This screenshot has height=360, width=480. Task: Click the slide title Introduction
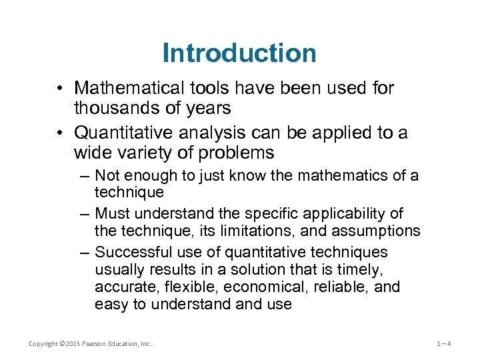(239, 53)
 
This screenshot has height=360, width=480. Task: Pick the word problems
(239, 153)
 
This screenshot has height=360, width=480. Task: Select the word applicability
(345, 214)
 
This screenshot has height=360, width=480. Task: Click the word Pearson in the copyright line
(97, 344)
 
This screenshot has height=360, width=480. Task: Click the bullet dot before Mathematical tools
(61, 89)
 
